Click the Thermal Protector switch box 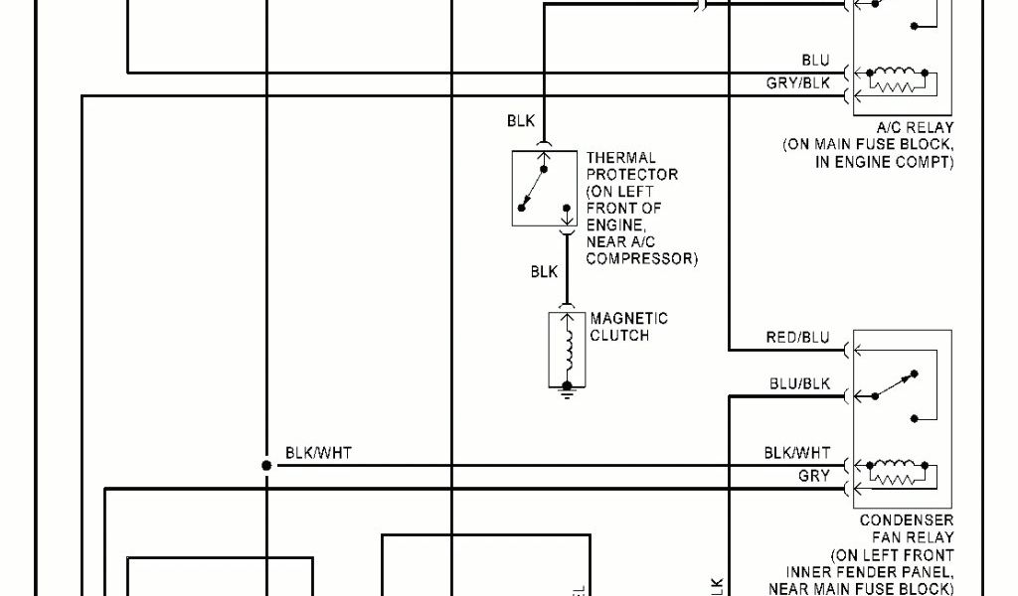click(544, 188)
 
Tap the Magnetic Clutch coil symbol click(568, 350)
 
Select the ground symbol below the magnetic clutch click(568, 393)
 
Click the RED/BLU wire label click(797, 339)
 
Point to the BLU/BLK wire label click(799, 383)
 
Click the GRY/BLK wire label click(797, 83)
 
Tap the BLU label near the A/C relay click(815, 62)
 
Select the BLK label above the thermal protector click(521, 121)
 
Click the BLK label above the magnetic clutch click(544, 271)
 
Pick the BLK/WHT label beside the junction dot click(318, 453)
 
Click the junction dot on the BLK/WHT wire click(266, 465)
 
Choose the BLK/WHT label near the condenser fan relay click(797, 453)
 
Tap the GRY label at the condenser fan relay click(814, 476)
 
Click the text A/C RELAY click(915, 128)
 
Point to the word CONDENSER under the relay click(906, 521)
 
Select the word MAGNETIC click(629, 319)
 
